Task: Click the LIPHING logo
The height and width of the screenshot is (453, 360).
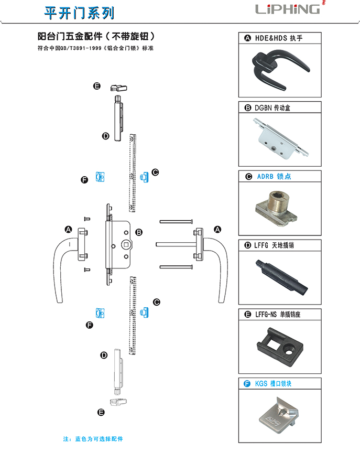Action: tap(288, 9)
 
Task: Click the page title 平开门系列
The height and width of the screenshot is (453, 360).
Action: tap(79, 12)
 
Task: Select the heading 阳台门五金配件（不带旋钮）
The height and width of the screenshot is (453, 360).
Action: tap(97, 37)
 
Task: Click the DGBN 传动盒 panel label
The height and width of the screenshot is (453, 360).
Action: tap(272, 108)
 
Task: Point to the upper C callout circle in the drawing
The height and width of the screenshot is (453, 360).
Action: tap(155, 172)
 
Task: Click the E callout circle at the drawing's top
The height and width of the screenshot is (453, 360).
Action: tap(96, 86)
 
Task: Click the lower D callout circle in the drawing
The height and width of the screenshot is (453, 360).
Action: tap(103, 355)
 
